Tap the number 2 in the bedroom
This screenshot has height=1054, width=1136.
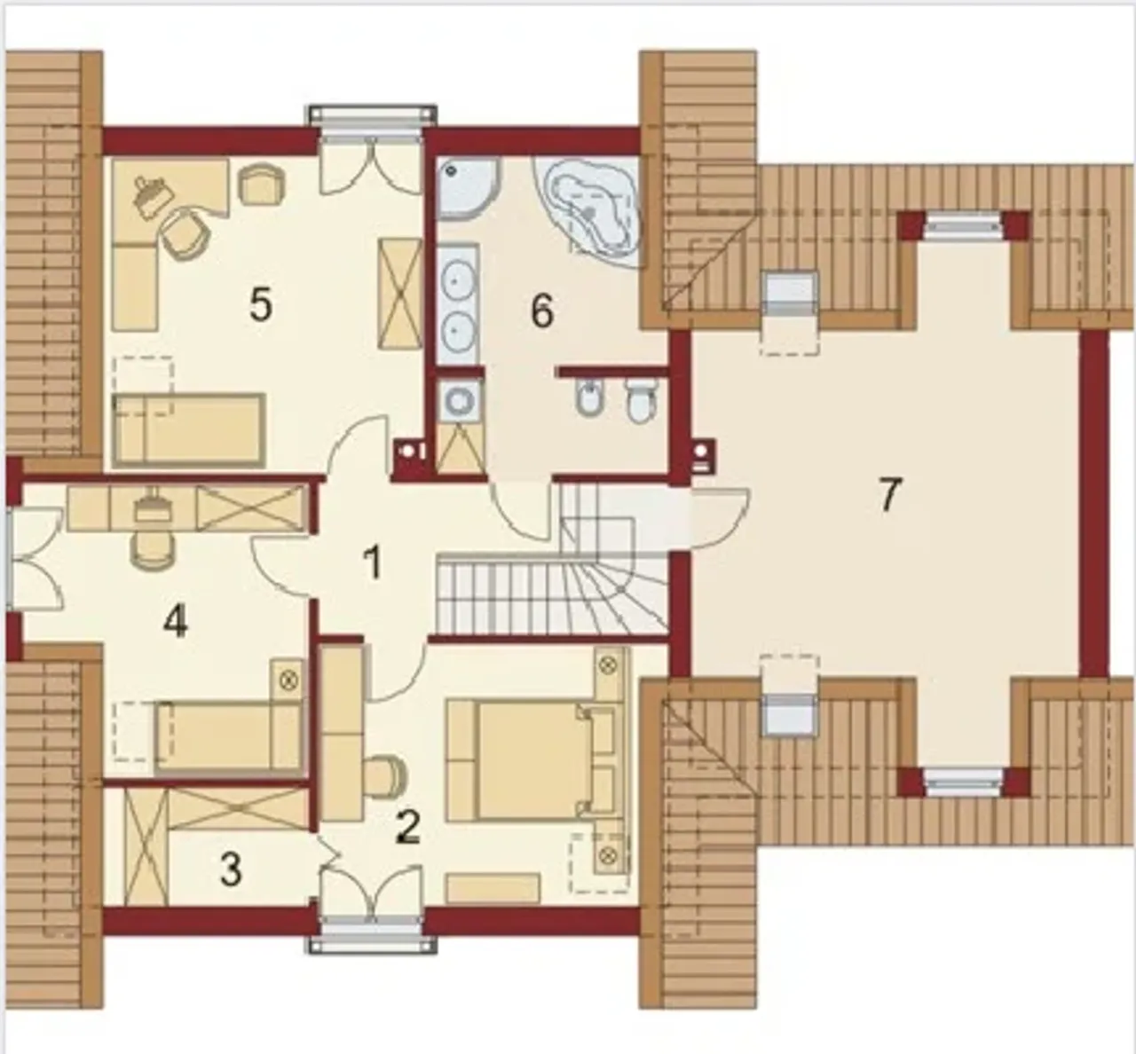click(409, 828)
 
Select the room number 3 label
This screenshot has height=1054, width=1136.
click(231, 869)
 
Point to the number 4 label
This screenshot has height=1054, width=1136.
click(175, 622)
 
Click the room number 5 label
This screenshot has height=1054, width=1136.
click(261, 305)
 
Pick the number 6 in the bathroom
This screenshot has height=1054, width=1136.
click(542, 311)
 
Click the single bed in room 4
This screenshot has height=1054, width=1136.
click(229, 738)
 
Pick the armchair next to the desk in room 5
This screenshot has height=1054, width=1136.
click(262, 185)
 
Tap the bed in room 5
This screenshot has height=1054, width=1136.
click(189, 428)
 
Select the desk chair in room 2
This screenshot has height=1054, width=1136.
click(385, 775)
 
